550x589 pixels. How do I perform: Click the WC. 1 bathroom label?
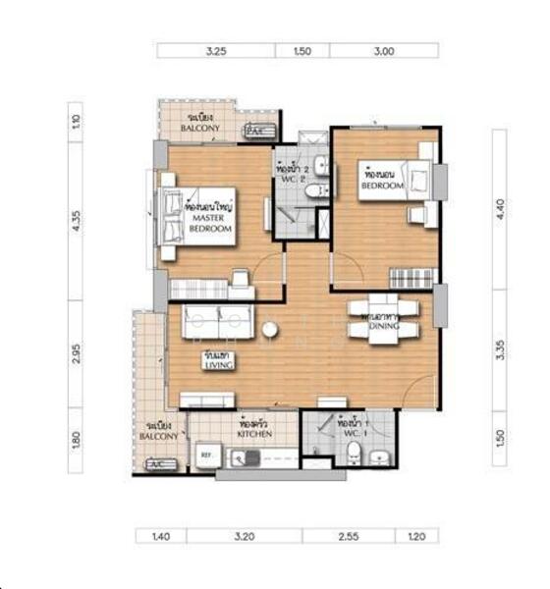point(350,430)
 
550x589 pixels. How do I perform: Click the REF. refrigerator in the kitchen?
point(206,455)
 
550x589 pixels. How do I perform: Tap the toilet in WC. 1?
point(352,453)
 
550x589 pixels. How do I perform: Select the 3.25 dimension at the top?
point(216,51)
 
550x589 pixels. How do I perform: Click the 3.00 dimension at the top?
point(384,51)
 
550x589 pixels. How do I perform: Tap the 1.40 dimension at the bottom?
point(160,537)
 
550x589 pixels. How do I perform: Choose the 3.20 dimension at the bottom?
point(244,537)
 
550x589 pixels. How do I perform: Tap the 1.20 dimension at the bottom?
point(416,537)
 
